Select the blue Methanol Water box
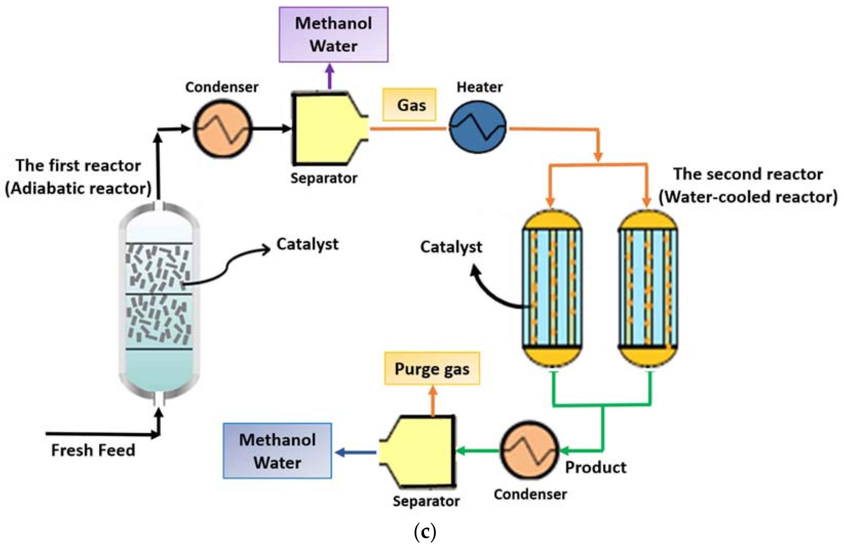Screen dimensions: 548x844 pyautogui.click(x=277, y=451)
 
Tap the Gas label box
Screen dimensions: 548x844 pyautogui.click(x=409, y=105)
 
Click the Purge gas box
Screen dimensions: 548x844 pyautogui.click(x=431, y=369)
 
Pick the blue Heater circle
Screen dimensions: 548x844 pyautogui.click(x=478, y=127)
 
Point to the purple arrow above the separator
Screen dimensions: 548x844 pyautogui.click(x=330, y=76)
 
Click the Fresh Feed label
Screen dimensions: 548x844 pyautogui.click(x=93, y=450)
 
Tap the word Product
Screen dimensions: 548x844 pyautogui.click(x=596, y=467)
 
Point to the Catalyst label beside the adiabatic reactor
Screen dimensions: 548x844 pyautogui.click(x=307, y=244)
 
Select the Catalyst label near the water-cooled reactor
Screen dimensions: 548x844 pyautogui.click(x=451, y=247)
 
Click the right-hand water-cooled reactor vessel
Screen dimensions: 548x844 pyautogui.click(x=648, y=289)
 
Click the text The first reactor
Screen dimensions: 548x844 pyautogui.click(x=78, y=165)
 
